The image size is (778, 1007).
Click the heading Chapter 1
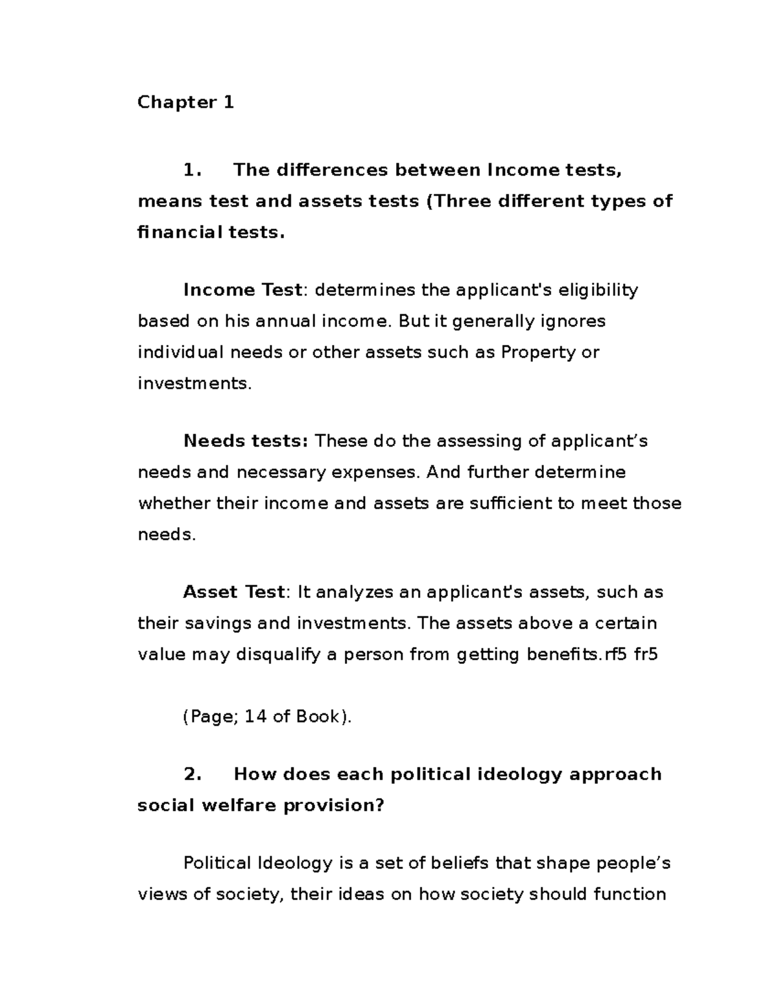[x=185, y=102]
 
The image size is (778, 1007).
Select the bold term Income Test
[x=242, y=290]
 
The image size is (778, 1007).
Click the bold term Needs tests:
[x=246, y=442]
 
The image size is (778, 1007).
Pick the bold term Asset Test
[x=234, y=593]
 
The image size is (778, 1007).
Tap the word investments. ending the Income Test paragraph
[x=194, y=384]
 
